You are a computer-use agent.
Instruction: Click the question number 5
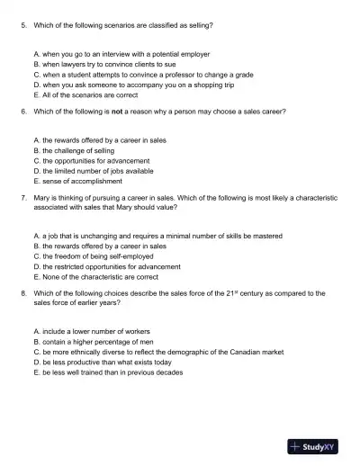[22, 25]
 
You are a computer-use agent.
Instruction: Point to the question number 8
[22, 293]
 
